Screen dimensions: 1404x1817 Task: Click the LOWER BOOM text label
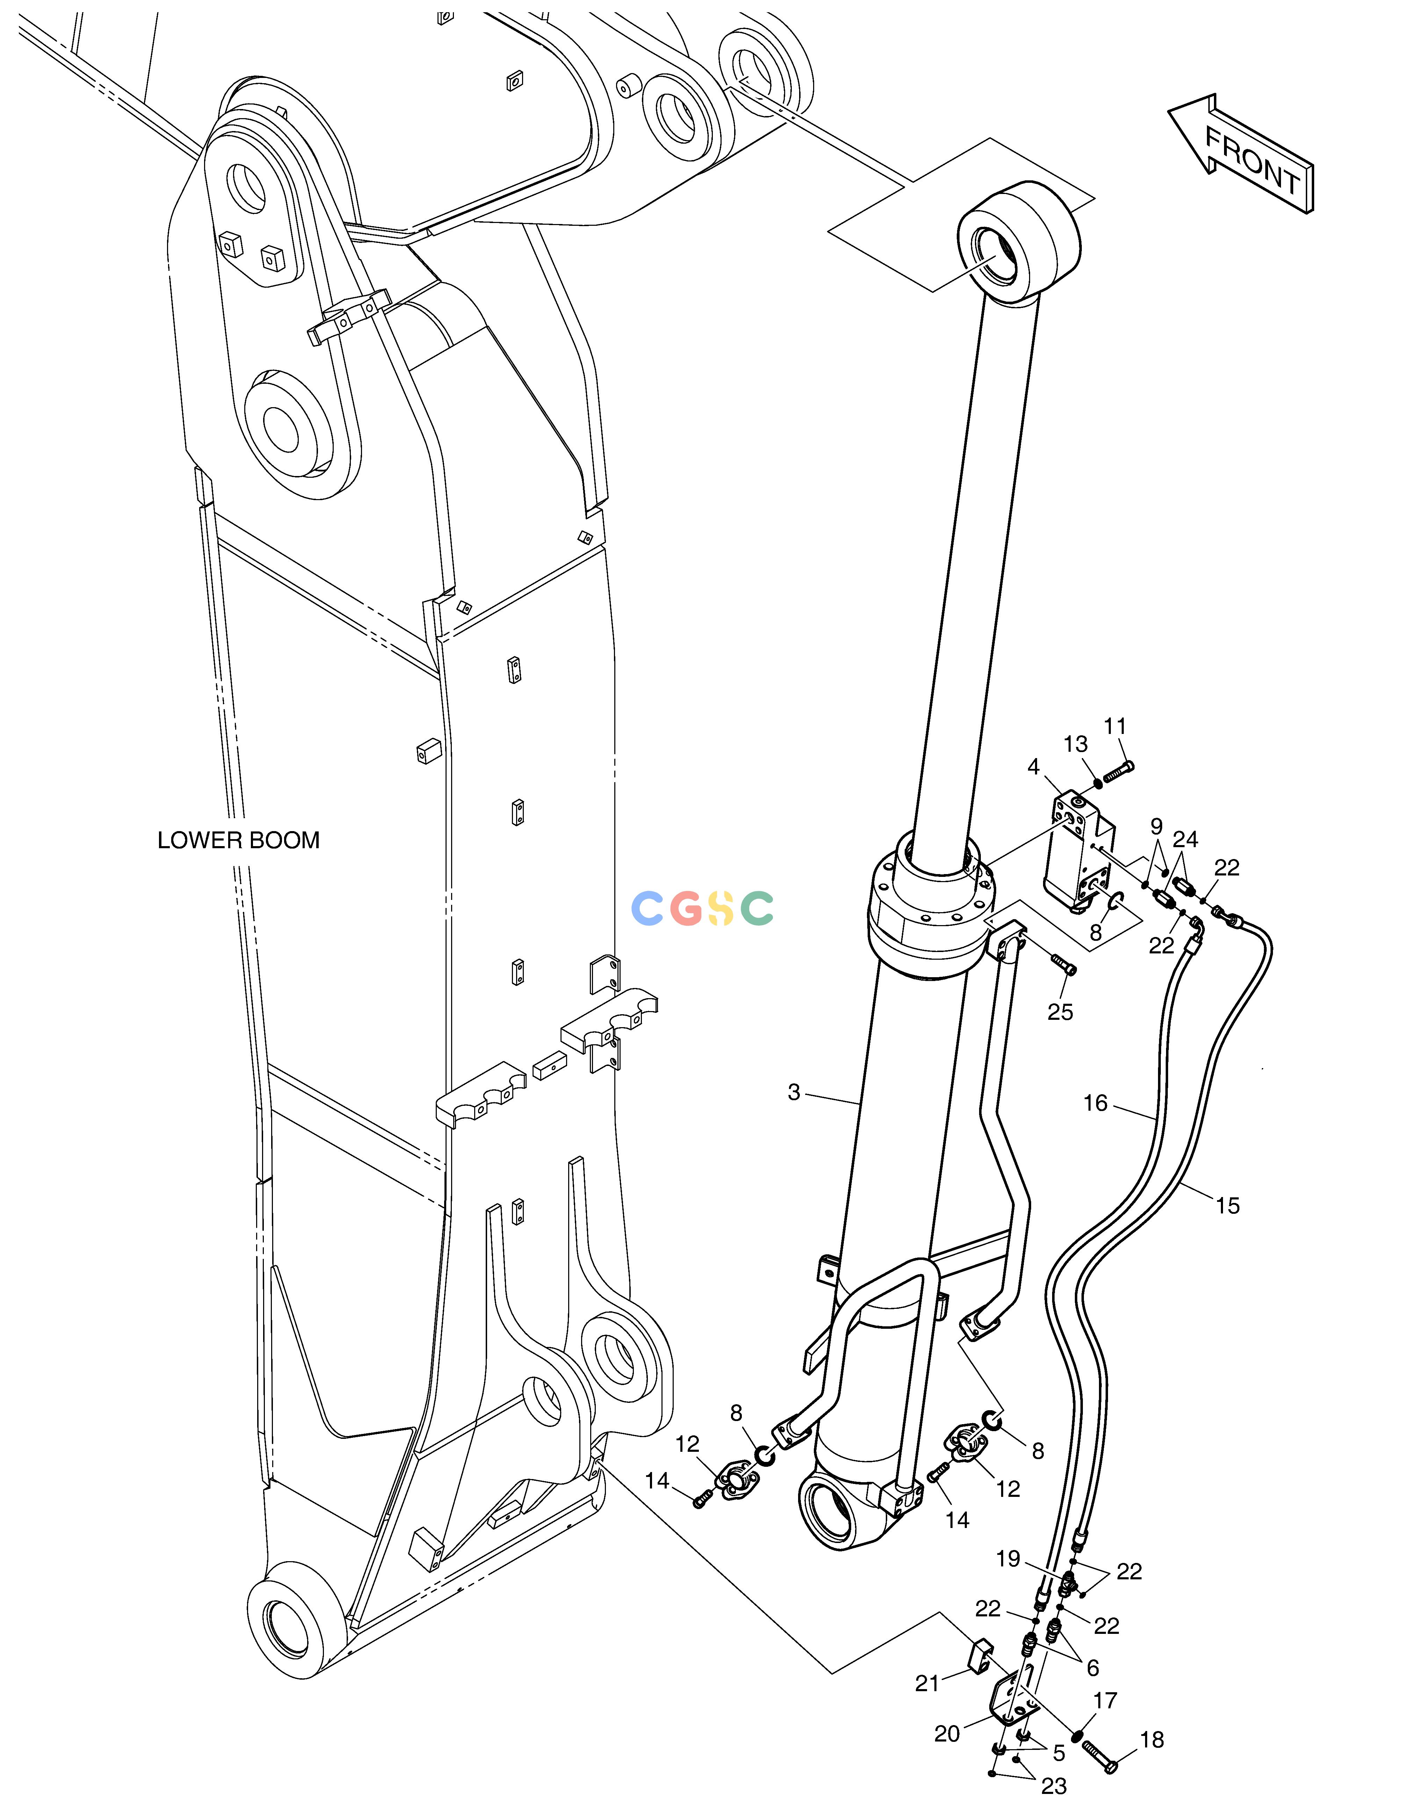(x=239, y=840)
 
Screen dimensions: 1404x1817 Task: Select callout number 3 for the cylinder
(x=794, y=1093)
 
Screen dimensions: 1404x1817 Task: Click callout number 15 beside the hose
(x=1228, y=1205)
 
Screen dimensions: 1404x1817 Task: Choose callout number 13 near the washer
(x=1076, y=745)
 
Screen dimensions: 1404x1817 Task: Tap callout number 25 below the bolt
(x=1061, y=1012)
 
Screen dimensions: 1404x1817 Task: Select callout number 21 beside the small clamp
(x=927, y=1684)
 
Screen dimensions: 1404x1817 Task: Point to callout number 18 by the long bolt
(x=1152, y=1740)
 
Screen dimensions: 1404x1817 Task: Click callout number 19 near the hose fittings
(x=1008, y=1559)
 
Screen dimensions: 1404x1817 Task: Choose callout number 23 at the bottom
(x=1054, y=1786)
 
